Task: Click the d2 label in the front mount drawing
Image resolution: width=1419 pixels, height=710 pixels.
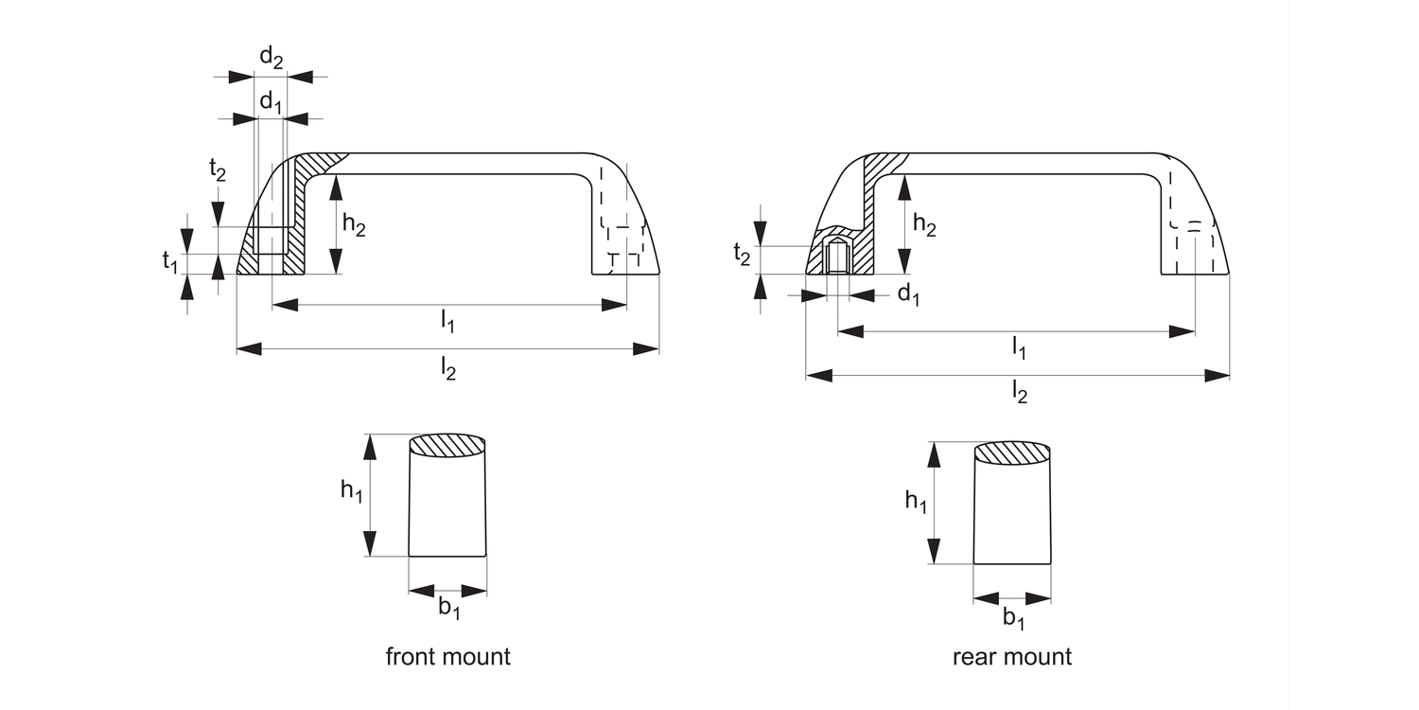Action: coord(272,59)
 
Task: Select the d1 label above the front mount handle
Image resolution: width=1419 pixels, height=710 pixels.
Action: coord(272,101)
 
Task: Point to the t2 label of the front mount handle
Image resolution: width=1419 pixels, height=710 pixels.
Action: coord(218,170)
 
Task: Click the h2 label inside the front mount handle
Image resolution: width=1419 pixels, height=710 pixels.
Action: coord(355,225)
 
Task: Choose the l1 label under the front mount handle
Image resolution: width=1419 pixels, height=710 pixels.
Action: coord(447,323)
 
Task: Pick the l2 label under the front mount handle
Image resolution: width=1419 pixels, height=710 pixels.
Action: coord(448,370)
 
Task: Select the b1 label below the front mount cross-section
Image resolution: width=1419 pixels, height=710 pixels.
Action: coord(448,609)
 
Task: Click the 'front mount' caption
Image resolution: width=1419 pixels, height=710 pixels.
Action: coord(447,656)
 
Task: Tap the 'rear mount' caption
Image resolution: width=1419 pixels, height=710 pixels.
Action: coord(1012,656)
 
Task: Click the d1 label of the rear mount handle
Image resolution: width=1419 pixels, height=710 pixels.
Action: coord(908,295)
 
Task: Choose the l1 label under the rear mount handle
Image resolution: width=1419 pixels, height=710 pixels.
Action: coord(1018,348)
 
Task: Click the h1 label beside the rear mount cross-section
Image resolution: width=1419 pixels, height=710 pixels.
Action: coord(916,501)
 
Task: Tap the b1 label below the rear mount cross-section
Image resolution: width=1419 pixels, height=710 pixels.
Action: coord(1013,618)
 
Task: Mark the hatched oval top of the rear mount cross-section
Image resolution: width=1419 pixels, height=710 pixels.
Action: coord(1012,453)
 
